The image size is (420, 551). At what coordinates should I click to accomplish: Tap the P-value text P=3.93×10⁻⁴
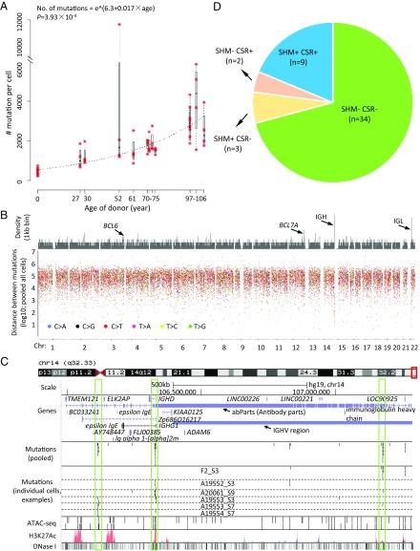point(63,17)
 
